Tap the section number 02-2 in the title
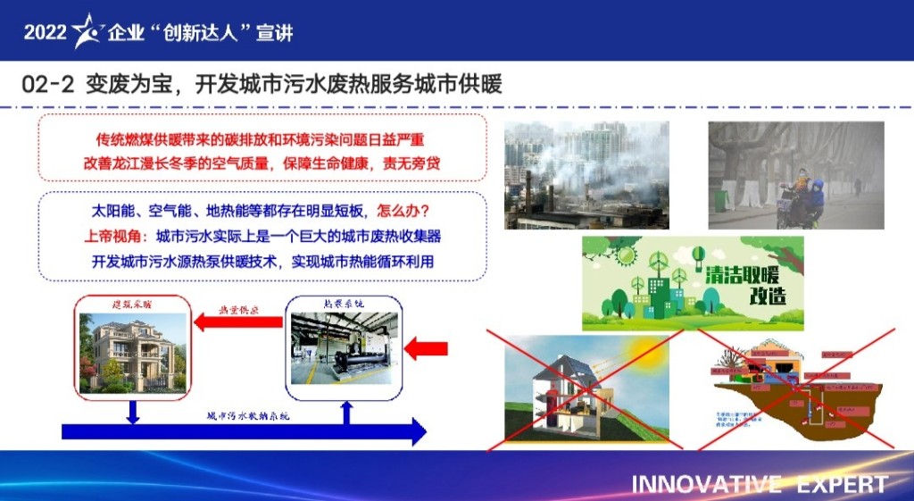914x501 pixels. (47, 85)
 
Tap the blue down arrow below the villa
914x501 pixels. (132, 410)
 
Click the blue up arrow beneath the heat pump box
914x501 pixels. (346, 411)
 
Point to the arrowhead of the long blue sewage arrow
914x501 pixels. (416, 433)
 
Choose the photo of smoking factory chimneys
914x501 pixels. (586, 175)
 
